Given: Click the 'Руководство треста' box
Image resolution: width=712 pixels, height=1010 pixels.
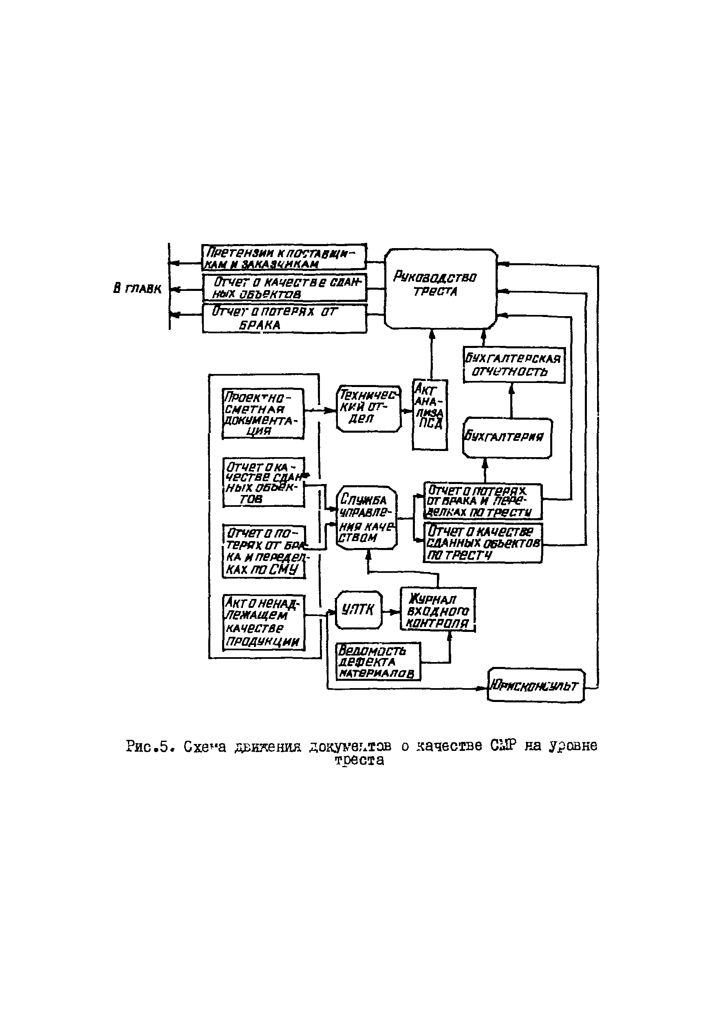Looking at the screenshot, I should [x=441, y=288].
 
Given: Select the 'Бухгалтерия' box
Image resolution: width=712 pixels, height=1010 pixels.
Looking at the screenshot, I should [x=507, y=438].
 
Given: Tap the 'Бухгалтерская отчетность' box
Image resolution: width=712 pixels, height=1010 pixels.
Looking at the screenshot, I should [x=514, y=365].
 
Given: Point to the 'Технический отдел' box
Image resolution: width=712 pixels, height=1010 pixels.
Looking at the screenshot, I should [x=369, y=409].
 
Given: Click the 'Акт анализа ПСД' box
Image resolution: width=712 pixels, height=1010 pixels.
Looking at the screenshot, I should [x=430, y=414].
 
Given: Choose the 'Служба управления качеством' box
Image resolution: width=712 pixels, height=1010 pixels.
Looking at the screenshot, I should [x=366, y=518].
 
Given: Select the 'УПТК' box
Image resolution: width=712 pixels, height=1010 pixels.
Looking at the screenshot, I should [x=359, y=610].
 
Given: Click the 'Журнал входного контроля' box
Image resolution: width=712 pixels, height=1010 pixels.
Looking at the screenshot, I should [x=438, y=610].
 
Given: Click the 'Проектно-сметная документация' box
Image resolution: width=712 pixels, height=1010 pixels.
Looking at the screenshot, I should [x=263, y=414].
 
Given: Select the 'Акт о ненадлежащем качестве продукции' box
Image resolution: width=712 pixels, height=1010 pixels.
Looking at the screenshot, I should [x=264, y=623].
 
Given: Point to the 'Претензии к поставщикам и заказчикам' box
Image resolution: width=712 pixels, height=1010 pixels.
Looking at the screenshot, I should [x=284, y=257].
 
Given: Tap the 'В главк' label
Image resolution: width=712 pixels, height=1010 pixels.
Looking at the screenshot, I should [x=137, y=288].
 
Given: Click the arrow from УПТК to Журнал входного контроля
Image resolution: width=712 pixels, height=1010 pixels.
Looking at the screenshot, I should [x=391, y=612].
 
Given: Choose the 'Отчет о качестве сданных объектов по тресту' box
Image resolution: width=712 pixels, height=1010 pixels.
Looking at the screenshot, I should [x=483, y=543].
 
